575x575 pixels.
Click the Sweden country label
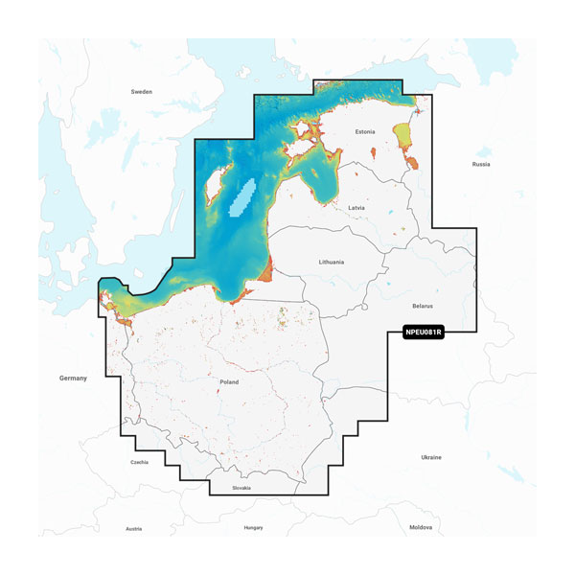(x=141, y=92)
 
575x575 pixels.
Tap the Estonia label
(x=365, y=131)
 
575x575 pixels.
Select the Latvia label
(x=356, y=207)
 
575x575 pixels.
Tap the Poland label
(x=229, y=381)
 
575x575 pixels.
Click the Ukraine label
(x=431, y=457)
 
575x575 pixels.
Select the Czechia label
(x=139, y=462)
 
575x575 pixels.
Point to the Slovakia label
(x=242, y=488)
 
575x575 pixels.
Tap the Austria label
(x=134, y=528)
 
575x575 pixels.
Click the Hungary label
(x=253, y=527)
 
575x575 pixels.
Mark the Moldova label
(x=421, y=527)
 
